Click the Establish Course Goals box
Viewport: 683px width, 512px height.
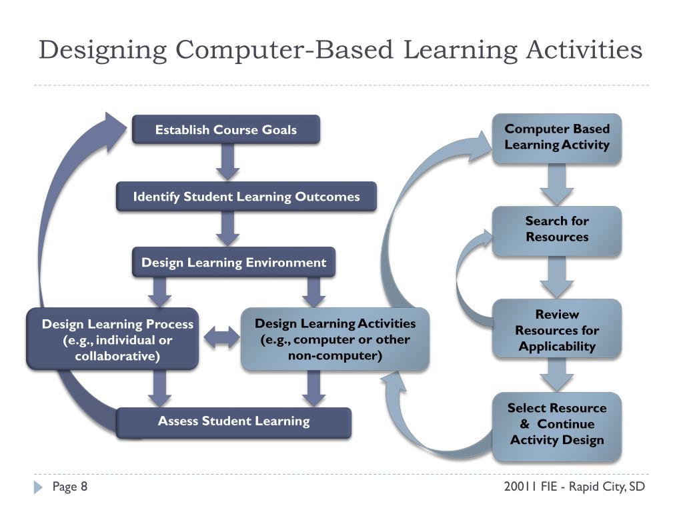point(225,130)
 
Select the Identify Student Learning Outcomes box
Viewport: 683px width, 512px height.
point(246,197)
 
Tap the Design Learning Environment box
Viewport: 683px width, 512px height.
point(233,263)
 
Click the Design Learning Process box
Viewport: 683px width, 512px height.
point(113,339)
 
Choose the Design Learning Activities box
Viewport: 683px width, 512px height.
point(335,339)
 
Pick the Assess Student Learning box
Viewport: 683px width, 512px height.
point(233,421)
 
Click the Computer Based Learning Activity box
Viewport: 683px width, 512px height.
point(557,137)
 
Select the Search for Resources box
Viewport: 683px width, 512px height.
point(557,229)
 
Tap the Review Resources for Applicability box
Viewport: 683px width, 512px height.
point(557,330)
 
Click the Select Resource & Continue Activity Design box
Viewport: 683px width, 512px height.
point(557,425)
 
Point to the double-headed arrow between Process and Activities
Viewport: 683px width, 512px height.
point(220,338)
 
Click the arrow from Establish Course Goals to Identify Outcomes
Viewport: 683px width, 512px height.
point(228,162)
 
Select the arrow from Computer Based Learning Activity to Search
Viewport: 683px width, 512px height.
point(556,185)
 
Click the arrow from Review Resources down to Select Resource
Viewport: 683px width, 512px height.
point(556,375)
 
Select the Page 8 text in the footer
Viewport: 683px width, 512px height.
point(70,487)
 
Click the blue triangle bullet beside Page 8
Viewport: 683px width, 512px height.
point(38,488)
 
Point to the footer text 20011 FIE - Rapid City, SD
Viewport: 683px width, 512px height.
point(574,487)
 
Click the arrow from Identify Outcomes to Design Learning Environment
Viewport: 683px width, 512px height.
point(228,229)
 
